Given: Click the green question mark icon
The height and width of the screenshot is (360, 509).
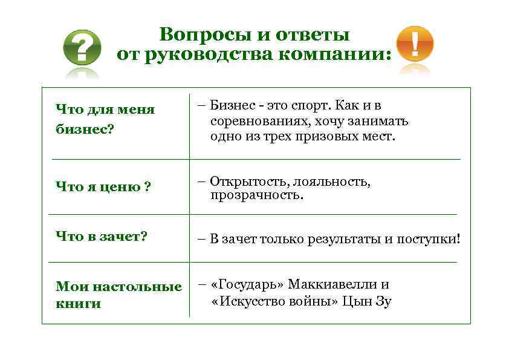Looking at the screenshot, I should [82, 47].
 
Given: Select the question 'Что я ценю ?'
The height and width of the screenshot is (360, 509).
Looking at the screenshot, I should [103, 187].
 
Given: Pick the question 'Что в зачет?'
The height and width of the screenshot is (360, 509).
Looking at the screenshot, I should [101, 236].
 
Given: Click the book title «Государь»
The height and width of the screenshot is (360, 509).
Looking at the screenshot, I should [247, 284].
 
